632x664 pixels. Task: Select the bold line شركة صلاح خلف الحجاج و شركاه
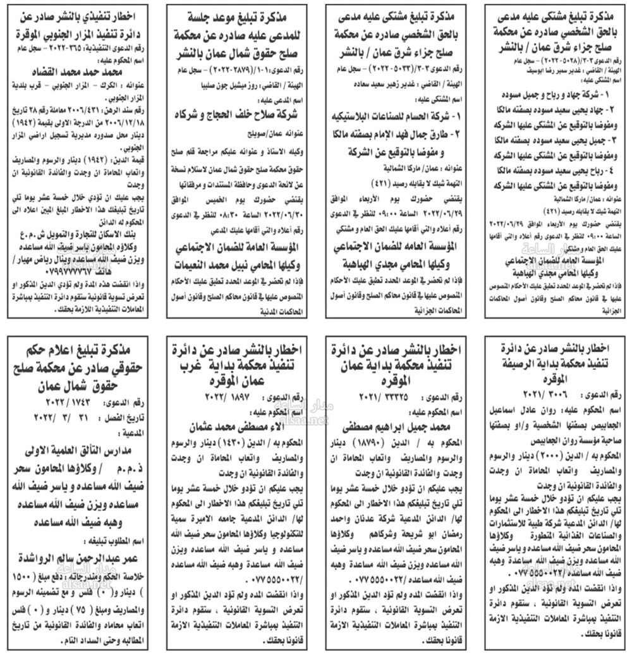[236, 116]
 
